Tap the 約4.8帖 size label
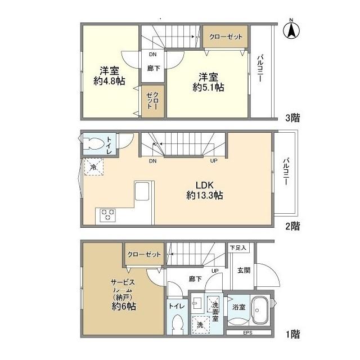pos(109,81)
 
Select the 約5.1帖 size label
pos(208,87)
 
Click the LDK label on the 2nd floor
pos(204,185)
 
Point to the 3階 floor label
pos(292,118)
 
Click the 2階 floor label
pos(292,226)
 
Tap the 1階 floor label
pos(292,334)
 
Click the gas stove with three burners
pos(107,215)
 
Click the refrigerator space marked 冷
pos(93,167)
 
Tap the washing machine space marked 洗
pos(201,325)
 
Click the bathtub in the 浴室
pos(260,310)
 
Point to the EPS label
pos(247,332)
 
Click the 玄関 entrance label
pos(244,270)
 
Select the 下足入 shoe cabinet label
pos(238,247)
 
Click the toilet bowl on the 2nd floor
pos(94,143)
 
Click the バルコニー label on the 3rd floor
pos(260,68)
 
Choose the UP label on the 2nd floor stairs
pos(214,161)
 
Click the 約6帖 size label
pos(124,306)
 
